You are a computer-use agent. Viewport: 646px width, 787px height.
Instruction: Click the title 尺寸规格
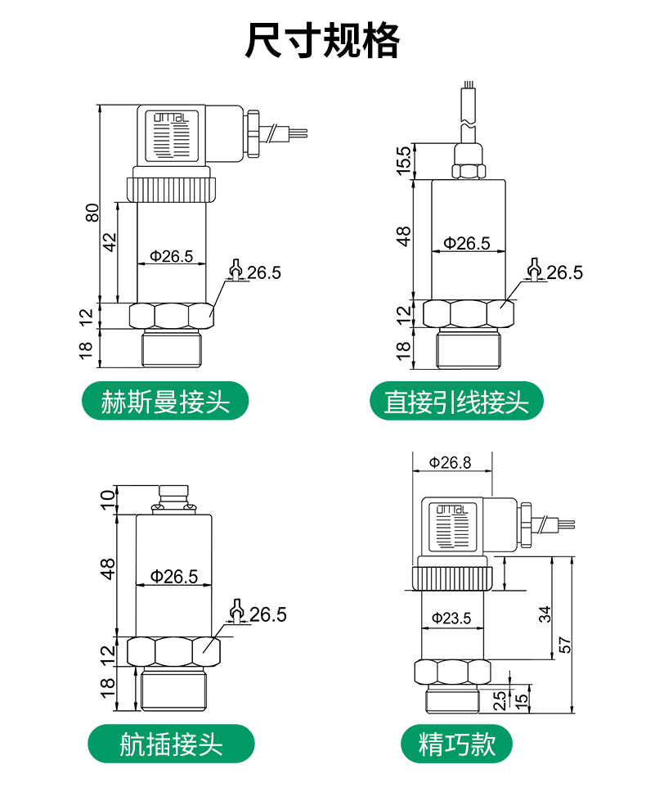(x=322, y=40)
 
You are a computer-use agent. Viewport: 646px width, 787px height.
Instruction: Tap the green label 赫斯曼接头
(x=165, y=401)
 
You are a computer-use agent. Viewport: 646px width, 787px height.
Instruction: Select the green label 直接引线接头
(x=456, y=401)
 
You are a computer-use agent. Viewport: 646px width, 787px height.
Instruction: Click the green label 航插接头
(x=171, y=744)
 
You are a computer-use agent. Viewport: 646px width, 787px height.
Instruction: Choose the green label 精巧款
(x=456, y=744)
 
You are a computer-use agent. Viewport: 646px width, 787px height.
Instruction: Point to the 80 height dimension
(x=92, y=213)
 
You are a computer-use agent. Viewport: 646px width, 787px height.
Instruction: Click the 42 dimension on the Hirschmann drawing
(x=110, y=242)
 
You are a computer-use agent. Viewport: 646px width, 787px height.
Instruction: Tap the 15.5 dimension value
(x=404, y=160)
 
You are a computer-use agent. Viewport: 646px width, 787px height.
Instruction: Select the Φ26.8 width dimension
(x=450, y=462)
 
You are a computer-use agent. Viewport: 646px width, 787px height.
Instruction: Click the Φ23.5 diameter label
(x=451, y=618)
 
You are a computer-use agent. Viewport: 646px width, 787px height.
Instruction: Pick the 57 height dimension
(x=565, y=645)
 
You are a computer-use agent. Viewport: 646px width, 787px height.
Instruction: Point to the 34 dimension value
(x=545, y=614)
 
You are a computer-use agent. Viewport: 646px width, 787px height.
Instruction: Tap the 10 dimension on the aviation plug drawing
(x=107, y=501)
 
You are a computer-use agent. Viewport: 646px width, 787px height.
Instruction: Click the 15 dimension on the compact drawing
(x=522, y=699)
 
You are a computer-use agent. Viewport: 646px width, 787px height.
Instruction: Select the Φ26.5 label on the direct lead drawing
(x=467, y=244)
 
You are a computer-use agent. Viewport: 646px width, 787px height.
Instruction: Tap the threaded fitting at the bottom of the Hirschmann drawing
(x=172, y=348)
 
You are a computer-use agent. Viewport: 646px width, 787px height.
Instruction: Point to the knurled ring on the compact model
(x=453, y=578)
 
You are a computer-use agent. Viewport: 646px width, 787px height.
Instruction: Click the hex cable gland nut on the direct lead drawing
(x=469, y=171)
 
